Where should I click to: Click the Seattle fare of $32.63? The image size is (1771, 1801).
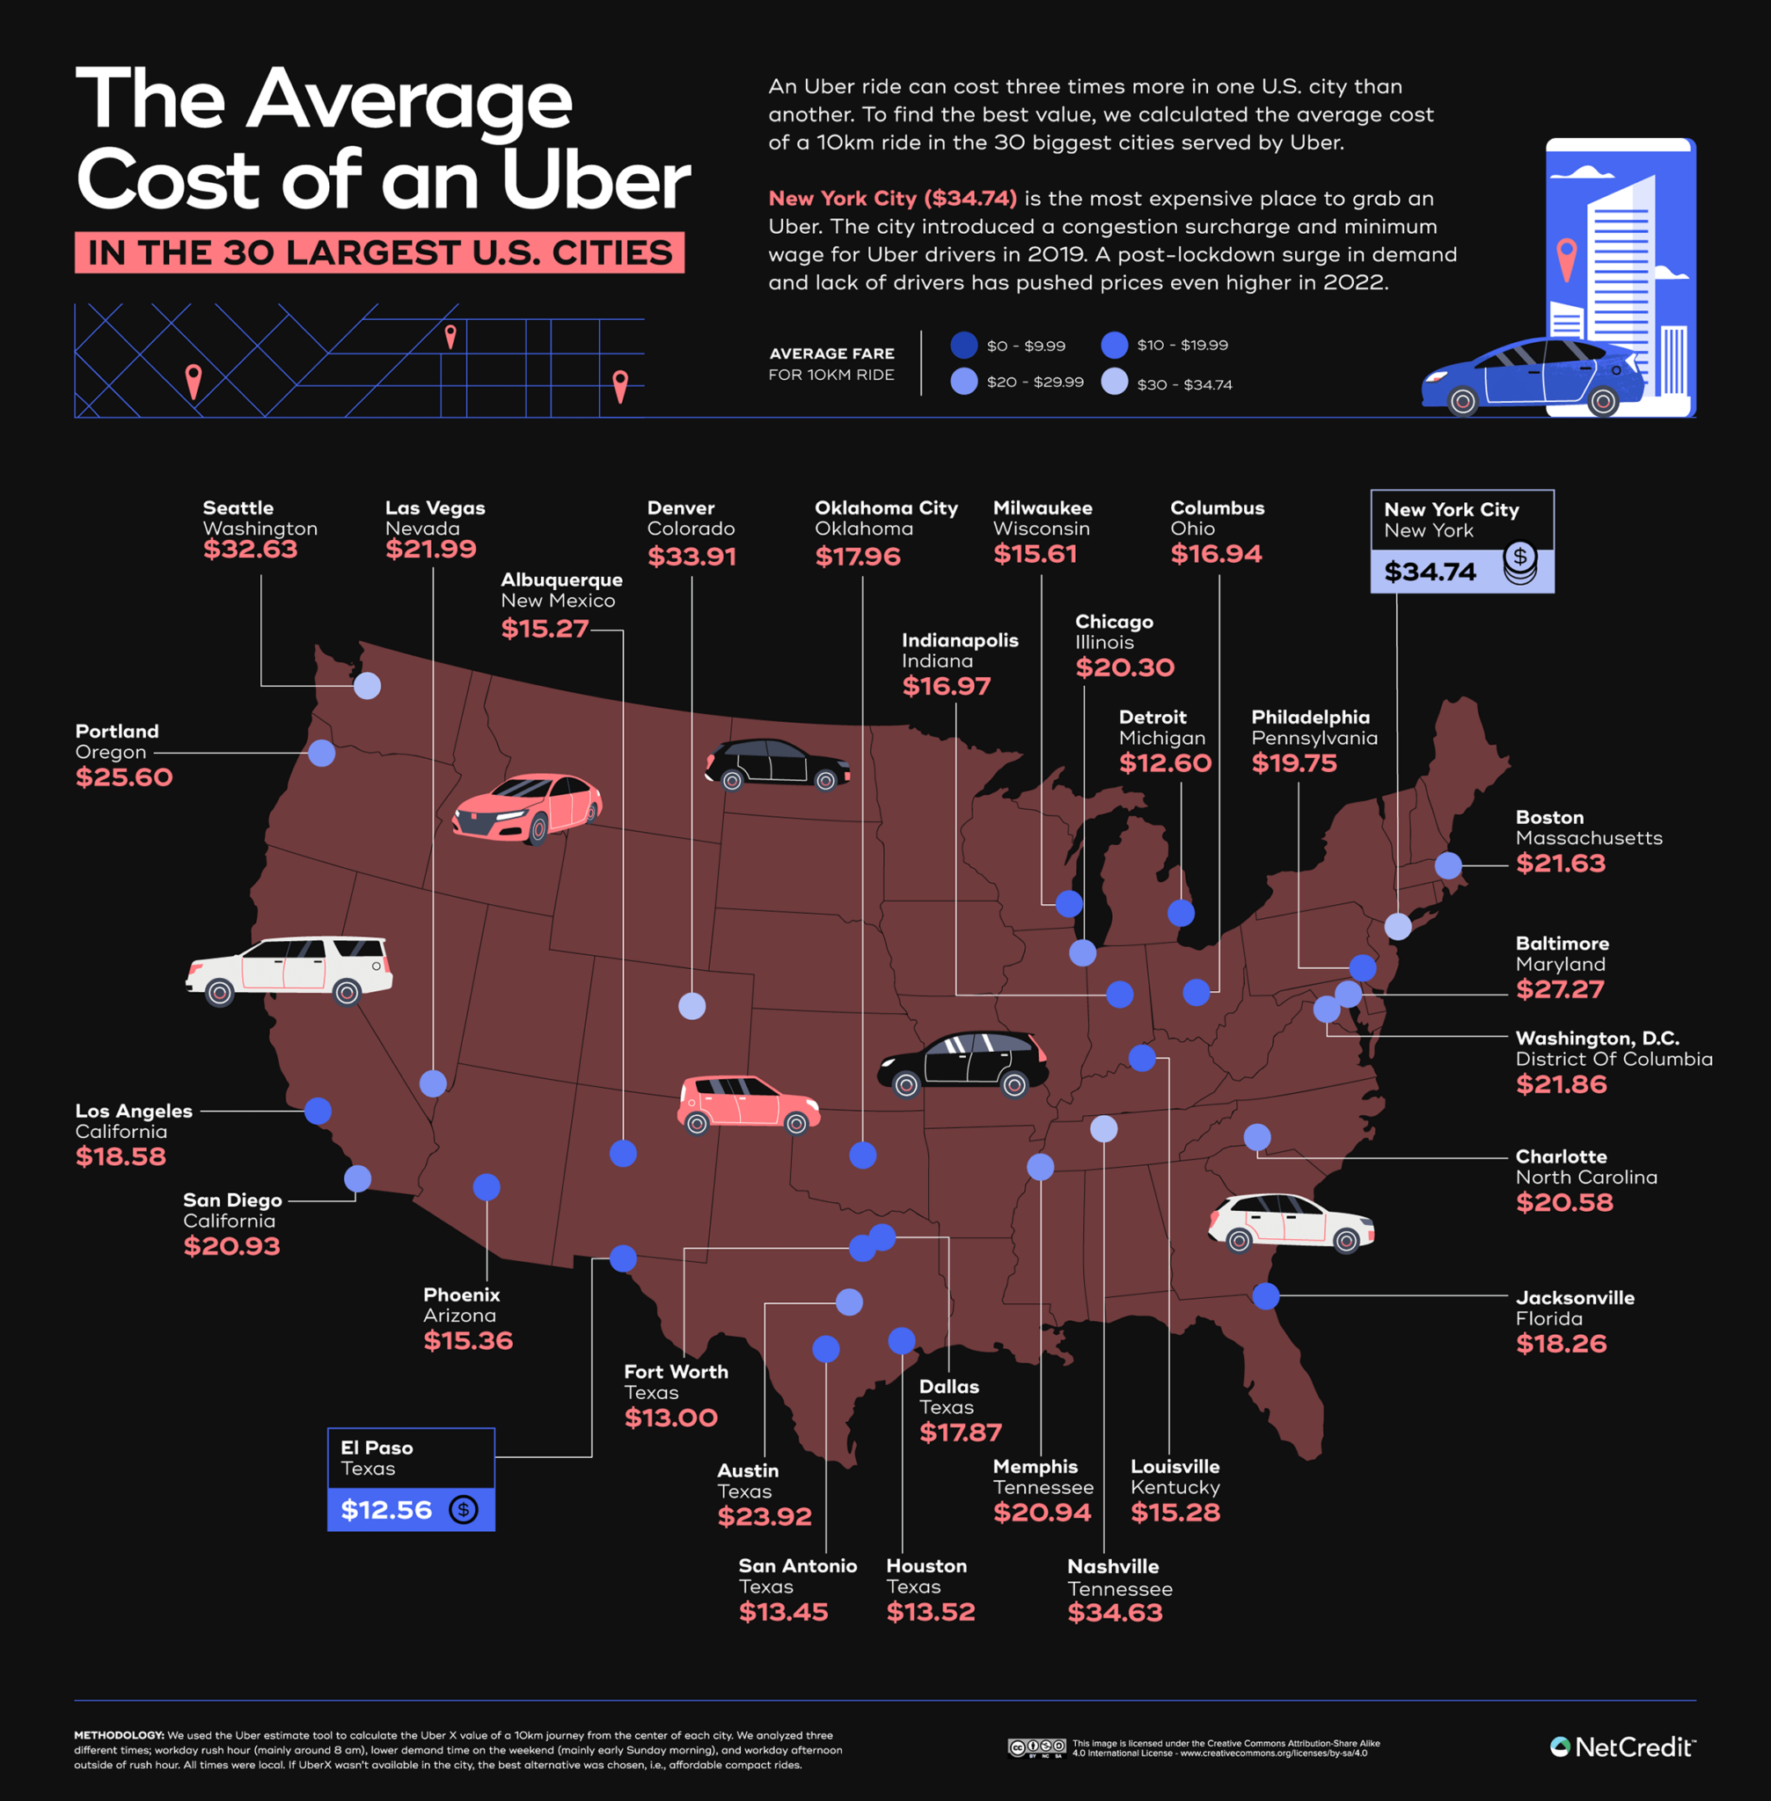click(250, 550)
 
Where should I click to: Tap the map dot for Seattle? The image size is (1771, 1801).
click(368, 685)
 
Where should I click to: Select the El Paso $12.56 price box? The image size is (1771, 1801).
click(410, 1509)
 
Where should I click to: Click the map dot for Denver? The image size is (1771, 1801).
click(692, 1006)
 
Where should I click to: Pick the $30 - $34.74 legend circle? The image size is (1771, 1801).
click(1115, 383)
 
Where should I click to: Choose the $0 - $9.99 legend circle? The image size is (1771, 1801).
click(964, 345)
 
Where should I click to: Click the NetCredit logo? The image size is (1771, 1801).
click(1622, 1747)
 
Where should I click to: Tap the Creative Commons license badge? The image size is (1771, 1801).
click(1036, 1748)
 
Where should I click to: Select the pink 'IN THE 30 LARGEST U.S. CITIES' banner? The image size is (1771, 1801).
click(379, 253)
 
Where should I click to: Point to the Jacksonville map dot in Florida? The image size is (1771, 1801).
click(1265, 1295)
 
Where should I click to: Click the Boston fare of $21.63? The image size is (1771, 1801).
click(1560, 864)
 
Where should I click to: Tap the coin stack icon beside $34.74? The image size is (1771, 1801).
click(1520, 564)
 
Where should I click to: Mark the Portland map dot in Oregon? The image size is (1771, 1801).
click(322, 753)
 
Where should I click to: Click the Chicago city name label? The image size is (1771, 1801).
click(1114, 621)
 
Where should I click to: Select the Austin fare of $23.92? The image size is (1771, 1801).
click(764, 1516)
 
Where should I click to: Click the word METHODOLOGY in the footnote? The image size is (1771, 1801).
click(119, 1735)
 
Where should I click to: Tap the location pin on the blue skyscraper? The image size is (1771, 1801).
click(1566, 257)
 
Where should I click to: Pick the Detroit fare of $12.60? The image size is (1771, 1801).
click(1165, 763)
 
